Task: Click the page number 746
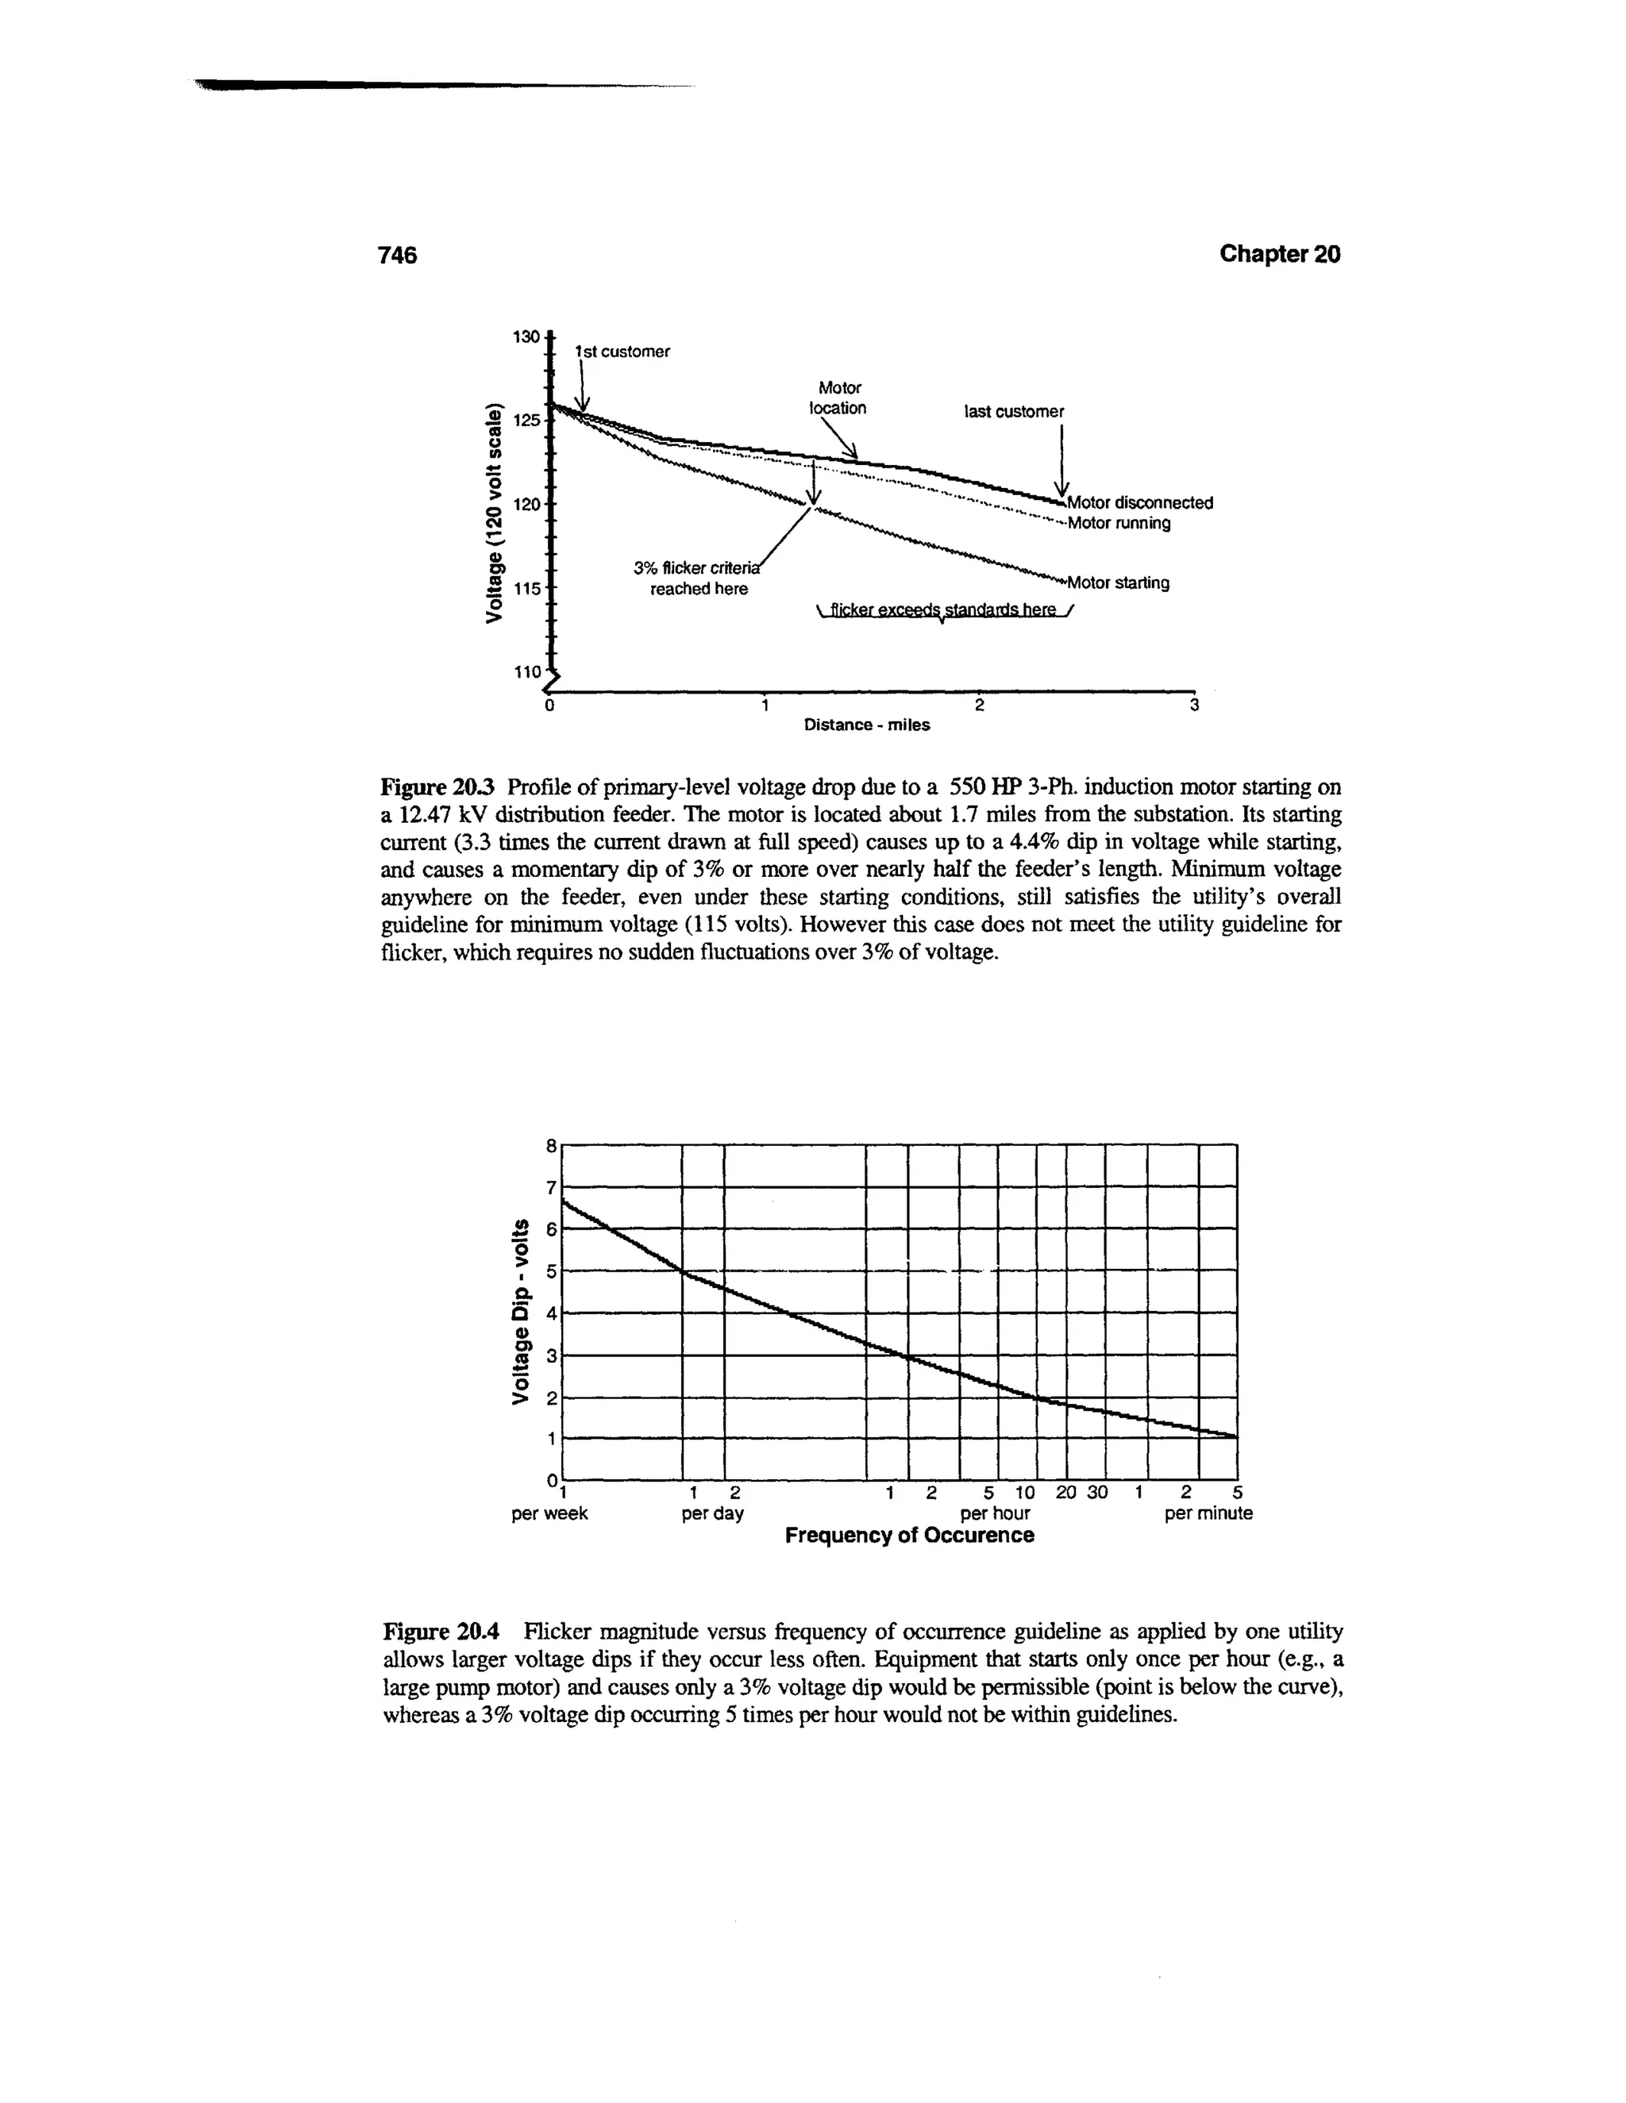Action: (397, 256)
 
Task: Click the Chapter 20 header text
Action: (1278, 253)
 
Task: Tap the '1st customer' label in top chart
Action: (622, 352)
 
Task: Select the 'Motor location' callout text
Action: (838, 398)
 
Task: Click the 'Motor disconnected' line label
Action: (1139, 502)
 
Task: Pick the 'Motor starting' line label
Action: (1117, 582)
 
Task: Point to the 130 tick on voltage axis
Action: (525, 336)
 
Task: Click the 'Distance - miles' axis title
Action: (867, 725)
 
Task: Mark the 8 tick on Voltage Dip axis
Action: (551, 1146)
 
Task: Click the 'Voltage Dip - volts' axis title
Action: (521, 1313)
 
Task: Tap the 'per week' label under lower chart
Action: (549, 1513)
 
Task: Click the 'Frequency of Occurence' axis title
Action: (909, 1536)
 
